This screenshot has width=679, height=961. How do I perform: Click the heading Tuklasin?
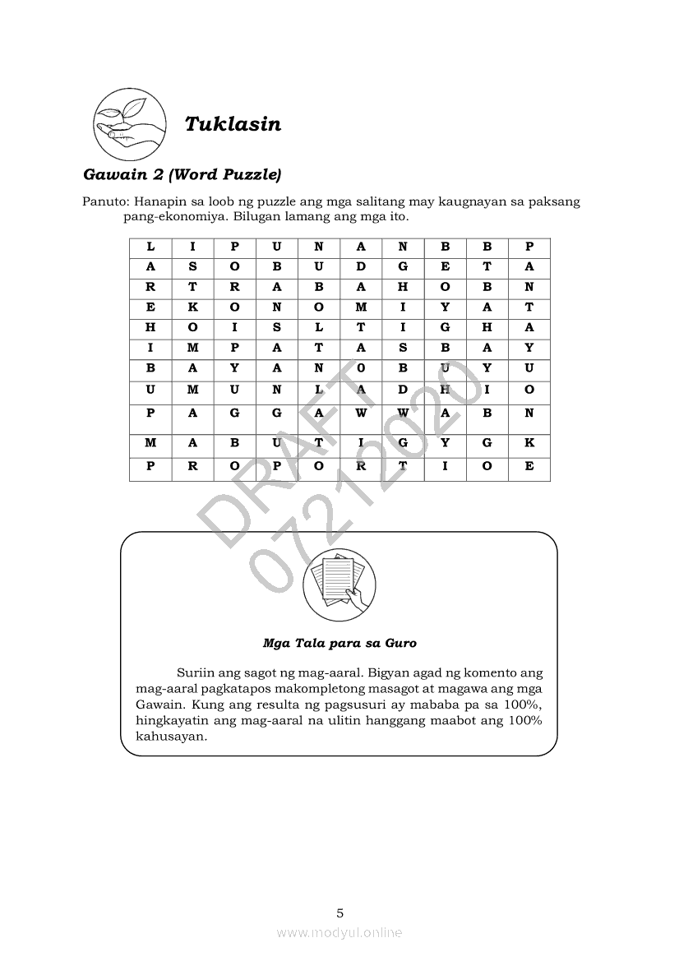pos(233,124)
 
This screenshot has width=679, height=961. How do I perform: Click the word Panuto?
pos(104,202)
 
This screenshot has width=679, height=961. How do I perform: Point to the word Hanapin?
pos(160,202)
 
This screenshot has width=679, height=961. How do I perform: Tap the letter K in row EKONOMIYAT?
pos(192,307)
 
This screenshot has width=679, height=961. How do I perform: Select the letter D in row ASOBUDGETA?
pos(361,266)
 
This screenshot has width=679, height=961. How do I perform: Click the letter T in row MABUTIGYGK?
pos(319,442)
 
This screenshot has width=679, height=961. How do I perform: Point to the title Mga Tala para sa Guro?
pos(339,643)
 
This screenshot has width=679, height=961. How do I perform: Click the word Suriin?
pos(195,673)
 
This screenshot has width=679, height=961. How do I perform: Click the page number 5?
pos(339,912)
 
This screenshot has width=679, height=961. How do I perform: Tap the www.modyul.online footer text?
pos(339,932)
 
